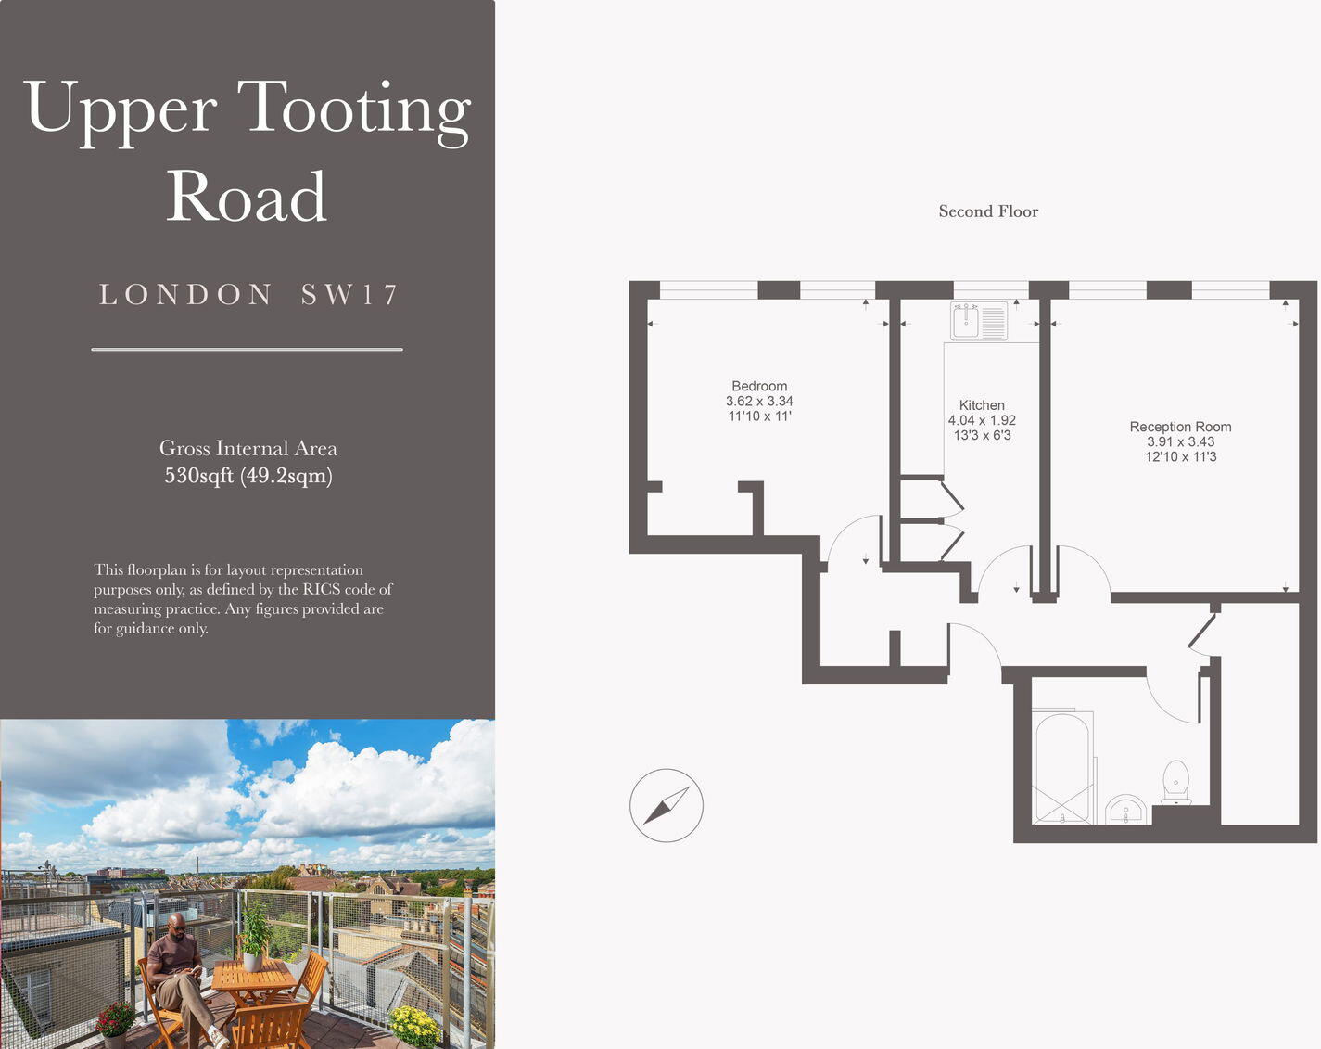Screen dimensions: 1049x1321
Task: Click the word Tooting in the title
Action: [x=354, y=109]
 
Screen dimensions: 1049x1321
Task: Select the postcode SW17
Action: [x=349, y=295]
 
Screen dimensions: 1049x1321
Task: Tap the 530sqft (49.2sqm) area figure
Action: [x=248, y=476]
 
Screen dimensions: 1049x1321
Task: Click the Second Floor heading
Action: [x=988, y=211]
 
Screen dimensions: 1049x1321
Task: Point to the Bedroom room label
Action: [x=759, y=386]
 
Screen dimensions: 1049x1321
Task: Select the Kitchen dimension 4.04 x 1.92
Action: [x=982, y=420]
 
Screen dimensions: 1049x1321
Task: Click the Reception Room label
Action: [x=1180, y=427]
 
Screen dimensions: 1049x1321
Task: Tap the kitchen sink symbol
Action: [x=979, y=321]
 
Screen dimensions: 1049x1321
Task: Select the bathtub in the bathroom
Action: [x=1061, y=768]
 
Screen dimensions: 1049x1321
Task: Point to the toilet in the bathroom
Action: [x=1175, y=782]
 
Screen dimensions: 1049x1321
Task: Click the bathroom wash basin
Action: [x=1126, y=811]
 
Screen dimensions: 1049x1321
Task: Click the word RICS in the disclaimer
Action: [x=321, y=589]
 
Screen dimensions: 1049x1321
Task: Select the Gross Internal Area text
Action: [x=248, y=449]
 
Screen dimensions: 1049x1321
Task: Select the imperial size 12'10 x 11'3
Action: [x=1180, y=456]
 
